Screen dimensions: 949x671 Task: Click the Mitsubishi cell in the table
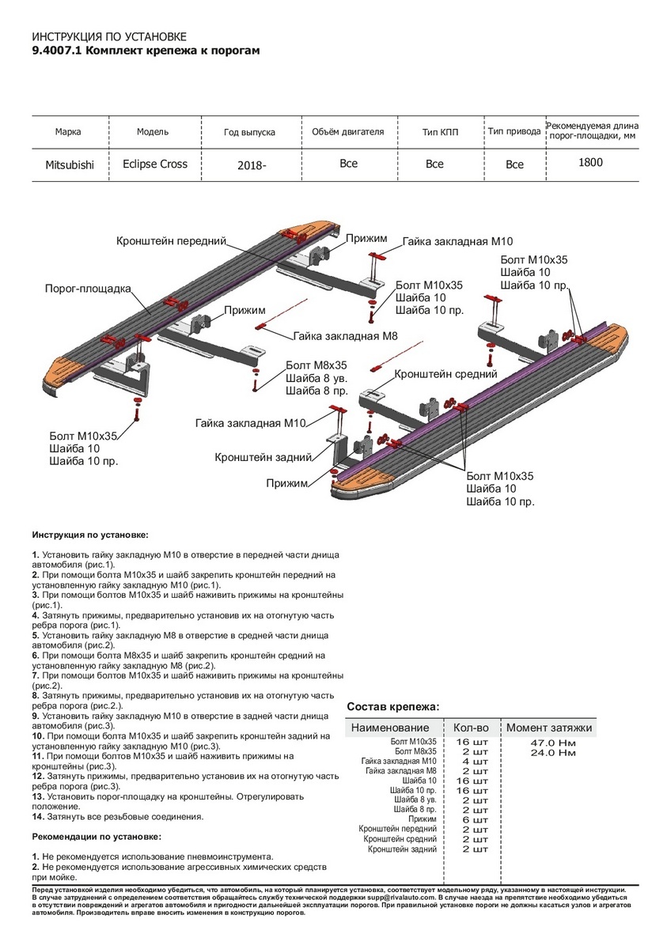click(69, 165)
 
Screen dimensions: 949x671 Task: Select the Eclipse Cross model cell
click(155, 164)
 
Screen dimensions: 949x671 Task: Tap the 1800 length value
click(590, 163)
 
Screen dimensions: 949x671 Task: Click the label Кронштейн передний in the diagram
click(172, 240)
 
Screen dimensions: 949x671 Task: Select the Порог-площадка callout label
click(88, 289)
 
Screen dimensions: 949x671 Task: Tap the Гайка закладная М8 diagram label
click(344, 336)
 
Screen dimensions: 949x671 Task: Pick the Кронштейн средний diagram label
click(445, 374)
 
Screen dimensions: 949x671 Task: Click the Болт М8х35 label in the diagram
click(317, 365)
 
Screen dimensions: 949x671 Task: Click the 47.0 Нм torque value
click(552, 743)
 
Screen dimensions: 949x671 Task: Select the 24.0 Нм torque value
click(552, 753)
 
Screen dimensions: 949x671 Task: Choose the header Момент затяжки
click(549, 728)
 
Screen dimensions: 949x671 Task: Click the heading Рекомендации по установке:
click(97, 836)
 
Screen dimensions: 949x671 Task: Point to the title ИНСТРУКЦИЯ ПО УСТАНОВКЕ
click(108, 37)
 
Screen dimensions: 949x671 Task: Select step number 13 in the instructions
click(37, 796)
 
